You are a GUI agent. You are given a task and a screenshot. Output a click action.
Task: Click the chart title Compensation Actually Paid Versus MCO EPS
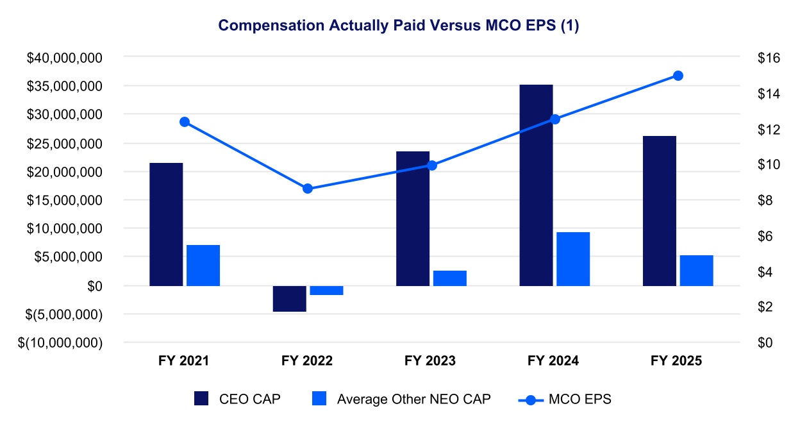click(399, 26)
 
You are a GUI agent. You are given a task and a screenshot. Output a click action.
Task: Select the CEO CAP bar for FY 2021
click(166, 224)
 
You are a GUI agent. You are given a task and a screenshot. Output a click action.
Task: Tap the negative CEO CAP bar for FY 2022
click(289, 299)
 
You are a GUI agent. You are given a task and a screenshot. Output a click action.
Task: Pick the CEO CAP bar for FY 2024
click(536, 185)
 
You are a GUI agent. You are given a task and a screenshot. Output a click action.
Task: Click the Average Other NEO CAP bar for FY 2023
click(449, 278)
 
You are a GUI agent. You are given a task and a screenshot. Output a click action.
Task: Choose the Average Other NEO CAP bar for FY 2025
click(696, 271)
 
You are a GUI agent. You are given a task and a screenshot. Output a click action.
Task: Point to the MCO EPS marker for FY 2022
click(308, 189)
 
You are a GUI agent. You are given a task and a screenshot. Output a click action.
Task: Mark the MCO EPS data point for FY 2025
click(678, 76)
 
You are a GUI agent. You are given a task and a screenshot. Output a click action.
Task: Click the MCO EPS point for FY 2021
click(185, 123)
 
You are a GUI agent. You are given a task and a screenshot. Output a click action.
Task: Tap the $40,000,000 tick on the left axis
click(64, 58)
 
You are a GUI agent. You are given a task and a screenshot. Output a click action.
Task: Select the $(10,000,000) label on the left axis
click(60, 342)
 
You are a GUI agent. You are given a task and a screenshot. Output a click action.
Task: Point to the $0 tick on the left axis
click(95, 286)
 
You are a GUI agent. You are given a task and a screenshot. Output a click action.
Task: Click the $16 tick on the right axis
click(769, 58)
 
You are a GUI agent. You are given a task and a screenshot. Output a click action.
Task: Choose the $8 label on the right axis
click(765, 201)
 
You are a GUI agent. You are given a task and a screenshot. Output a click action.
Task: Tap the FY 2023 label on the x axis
click(430, 360)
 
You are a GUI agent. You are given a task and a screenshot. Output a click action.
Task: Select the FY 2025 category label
click(676, 360)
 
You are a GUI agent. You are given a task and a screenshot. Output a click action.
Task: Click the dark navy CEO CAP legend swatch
click(201, 398)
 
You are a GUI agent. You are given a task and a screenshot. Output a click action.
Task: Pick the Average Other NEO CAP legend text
click(414, 399)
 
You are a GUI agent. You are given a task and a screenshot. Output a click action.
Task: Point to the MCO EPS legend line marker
click(531, 400)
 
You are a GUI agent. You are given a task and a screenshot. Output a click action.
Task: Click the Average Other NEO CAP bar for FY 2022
click(326, 291)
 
